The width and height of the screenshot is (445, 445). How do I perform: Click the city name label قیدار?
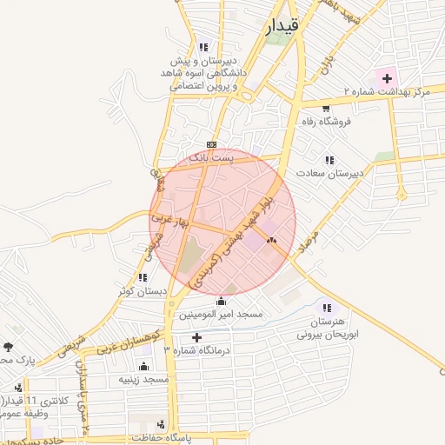pos(280,28)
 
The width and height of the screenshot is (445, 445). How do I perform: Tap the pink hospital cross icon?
pos(387,78)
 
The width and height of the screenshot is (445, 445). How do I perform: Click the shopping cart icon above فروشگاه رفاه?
pos(325,109)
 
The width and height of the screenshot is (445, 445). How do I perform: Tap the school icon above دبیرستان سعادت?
pos(329,160)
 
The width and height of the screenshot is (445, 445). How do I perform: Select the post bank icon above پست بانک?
pos(210,144)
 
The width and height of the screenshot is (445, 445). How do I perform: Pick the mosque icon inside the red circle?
pos(271,239)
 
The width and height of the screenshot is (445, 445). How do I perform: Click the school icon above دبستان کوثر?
pos(141,277)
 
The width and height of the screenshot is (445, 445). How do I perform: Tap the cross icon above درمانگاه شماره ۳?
pos(196,337)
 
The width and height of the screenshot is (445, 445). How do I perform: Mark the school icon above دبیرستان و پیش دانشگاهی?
pos(203,47)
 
